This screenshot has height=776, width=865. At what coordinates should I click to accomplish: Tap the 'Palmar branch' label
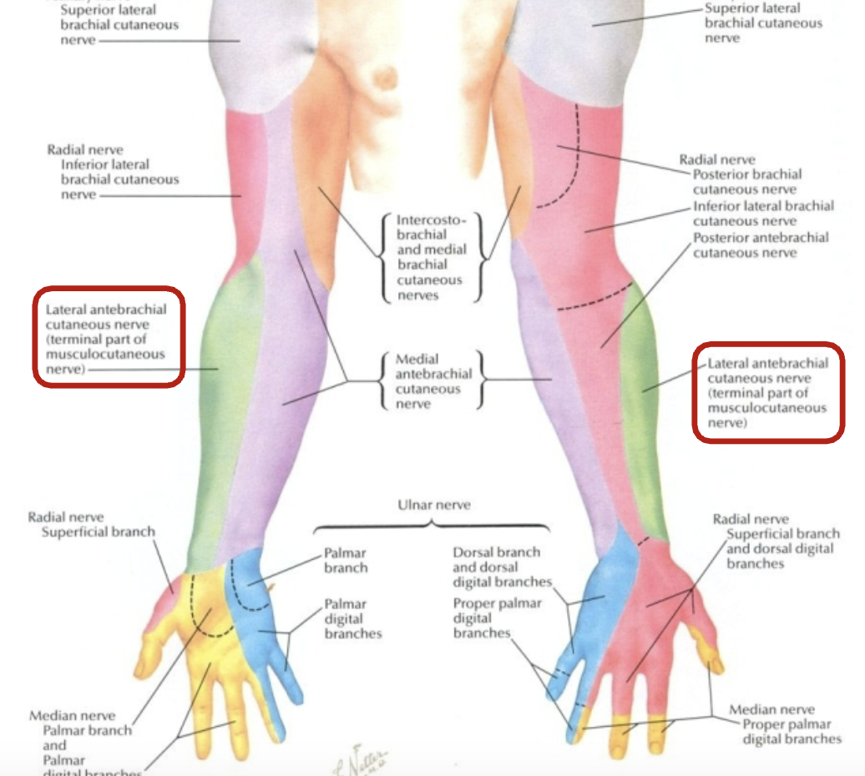tap(346, 561)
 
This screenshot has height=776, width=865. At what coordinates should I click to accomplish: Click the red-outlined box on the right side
tap(768, 392)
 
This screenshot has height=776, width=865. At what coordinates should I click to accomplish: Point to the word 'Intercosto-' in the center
tap(432, 220)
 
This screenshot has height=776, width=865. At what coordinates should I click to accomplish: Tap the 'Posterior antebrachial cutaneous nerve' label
tap(761, 244)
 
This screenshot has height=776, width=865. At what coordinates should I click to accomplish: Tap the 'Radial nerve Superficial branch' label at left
tap(99, 525)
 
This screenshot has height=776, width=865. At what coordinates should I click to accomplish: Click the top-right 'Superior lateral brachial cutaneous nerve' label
tap(762, 23)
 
